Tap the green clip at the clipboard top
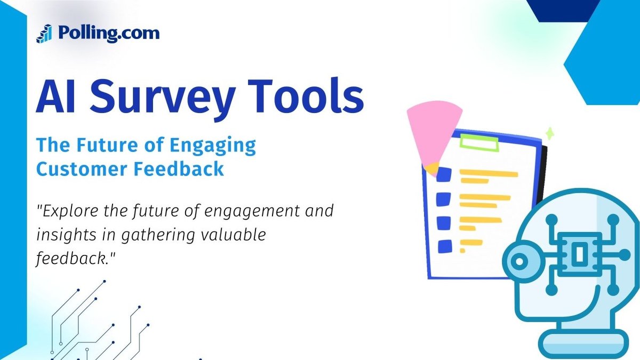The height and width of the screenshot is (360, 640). click(x=478, y=142)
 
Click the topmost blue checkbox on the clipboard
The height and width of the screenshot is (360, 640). click(x=444, y=175)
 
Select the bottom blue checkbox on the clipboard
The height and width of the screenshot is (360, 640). click(x=444, y=246)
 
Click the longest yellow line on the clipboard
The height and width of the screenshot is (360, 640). click(x=488, y=174)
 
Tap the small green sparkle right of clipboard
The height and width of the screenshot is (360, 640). click(x=549, y=133)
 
